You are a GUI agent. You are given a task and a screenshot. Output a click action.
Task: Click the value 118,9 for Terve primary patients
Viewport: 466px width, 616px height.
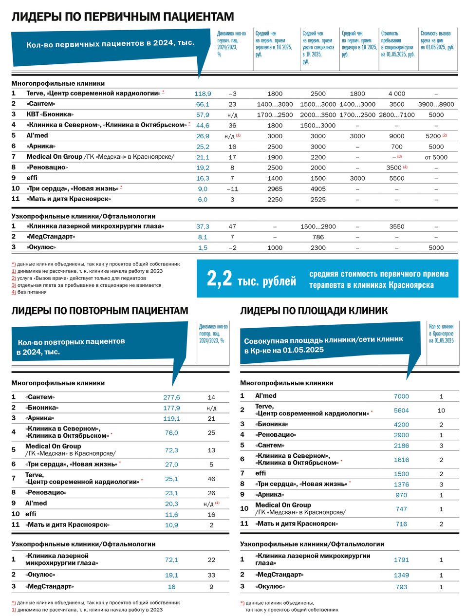(203, 93)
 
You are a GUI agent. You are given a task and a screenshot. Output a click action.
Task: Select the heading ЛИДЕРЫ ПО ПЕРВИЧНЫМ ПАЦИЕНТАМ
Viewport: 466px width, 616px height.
(123, 17)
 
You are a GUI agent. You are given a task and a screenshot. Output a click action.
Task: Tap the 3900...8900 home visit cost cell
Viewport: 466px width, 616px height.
(436, 104)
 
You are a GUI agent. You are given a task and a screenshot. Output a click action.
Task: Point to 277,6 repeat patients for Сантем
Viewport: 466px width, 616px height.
(171, 397)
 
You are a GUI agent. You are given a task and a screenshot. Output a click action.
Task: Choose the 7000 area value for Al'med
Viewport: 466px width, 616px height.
(401, 396)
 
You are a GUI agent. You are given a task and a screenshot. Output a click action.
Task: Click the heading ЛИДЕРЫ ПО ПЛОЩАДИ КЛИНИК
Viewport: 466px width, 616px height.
(314, 311)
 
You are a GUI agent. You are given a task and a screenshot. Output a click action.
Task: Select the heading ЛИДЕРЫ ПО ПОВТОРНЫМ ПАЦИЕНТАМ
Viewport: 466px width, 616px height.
(100, 311)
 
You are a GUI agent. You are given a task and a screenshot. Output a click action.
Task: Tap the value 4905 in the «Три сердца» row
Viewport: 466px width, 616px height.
(318, 189)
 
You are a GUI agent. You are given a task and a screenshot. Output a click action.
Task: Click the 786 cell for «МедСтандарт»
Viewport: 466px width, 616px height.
(318, 237)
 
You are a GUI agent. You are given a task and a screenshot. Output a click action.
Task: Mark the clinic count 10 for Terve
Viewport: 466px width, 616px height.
(441, 411)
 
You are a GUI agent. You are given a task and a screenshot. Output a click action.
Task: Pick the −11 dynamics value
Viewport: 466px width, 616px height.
(232, 189)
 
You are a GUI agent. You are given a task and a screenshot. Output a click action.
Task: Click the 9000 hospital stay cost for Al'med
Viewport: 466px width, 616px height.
(397, 136)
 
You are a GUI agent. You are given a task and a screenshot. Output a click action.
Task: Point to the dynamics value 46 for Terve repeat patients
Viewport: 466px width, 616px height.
(211, 479)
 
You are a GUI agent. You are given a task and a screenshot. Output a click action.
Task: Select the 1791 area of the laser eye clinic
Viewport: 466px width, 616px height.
(401, 560)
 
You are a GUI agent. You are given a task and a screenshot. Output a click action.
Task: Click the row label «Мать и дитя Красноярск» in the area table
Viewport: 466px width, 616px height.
(296, 524)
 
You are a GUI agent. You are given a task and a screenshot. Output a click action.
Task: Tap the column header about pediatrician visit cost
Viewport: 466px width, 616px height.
(359, 44)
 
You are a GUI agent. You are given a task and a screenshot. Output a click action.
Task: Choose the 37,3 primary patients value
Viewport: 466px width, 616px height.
(203, 226)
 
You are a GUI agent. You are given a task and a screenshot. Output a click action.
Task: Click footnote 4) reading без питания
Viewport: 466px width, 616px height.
(29, 292)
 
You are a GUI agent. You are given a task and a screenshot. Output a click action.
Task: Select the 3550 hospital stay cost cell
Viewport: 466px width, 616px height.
(397, 226)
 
